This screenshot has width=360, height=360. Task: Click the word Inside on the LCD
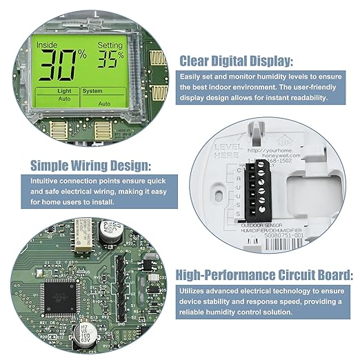tap(48, 45)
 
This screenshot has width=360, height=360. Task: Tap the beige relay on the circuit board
tap(87, 226)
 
